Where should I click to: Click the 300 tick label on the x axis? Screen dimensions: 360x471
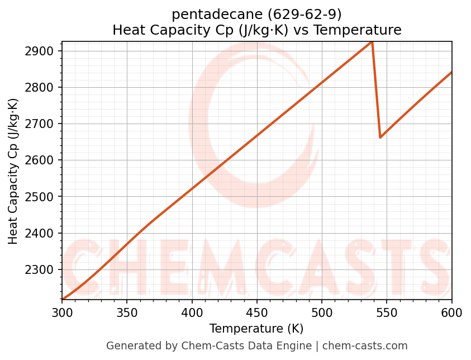click(x=62, y=312)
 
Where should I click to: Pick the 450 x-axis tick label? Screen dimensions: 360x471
click(x=257, y=312)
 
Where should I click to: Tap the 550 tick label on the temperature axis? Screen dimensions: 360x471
click(x=387, y=312)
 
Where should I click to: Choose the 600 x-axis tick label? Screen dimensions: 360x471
click(x=451, y=312)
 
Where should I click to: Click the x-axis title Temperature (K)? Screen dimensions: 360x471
click(x=256, y=329)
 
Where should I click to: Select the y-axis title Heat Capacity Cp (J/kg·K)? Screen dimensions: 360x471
click(x=13, y=171)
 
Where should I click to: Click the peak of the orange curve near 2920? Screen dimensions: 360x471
click(x=372, y=42)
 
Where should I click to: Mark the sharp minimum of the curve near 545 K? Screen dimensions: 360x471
click(x=380, y=137)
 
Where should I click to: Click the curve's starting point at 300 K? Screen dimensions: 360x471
click(x=63, y=299)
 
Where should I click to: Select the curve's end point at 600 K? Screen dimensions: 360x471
click(x=451, y=72)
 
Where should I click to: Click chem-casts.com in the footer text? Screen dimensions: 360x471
click(x=365, y=346)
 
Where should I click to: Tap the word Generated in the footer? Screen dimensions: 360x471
click(x=129, y=346)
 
